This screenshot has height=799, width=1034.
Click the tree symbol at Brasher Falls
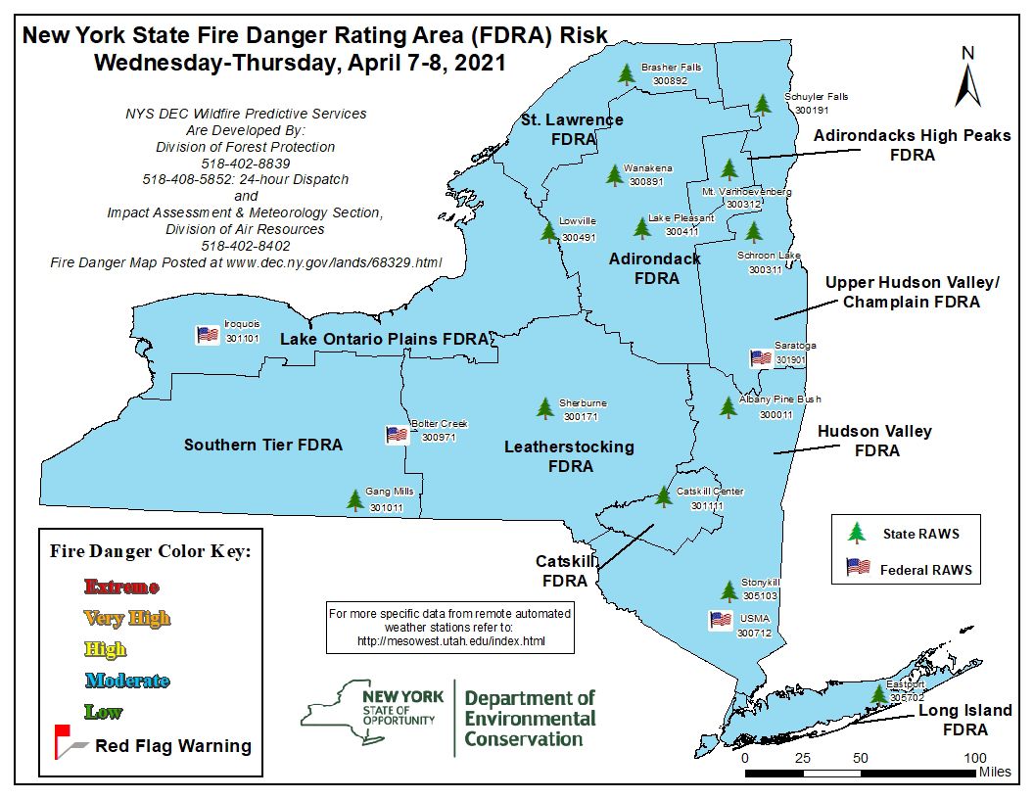click(x=627, y=73)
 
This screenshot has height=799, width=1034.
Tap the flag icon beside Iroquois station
click(x=208, y=335)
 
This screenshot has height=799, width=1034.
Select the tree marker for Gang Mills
click(x=354, y=500)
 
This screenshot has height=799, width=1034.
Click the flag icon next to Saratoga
click(x=761, y=358)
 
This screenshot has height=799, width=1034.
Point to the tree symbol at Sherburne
click(x=545, y=408)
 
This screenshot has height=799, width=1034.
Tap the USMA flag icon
click(x=721, y=620)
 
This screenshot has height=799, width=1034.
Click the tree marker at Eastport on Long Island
click(x=879, y=693)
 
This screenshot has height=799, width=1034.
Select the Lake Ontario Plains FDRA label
click(x=384, y=339)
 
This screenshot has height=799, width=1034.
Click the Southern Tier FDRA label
click(x=263, y=445)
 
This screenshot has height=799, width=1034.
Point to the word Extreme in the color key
click(x=121, y=587)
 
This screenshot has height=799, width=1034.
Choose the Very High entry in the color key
click(x=127, y=618)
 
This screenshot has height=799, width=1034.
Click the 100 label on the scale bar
click(x=975, y=758)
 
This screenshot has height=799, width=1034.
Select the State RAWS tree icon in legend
click(x=857, y=533)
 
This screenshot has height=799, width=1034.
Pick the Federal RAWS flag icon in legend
click(x=858, y=568)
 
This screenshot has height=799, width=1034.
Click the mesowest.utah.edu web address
click(x=450, y=641)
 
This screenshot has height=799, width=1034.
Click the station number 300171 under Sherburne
click(x=581, y=417)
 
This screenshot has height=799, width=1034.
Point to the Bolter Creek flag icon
click(x=397, y=435)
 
